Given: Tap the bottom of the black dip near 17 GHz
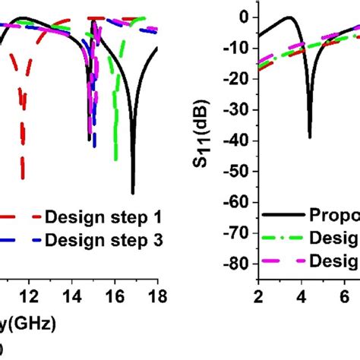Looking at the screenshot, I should tap(133, 192).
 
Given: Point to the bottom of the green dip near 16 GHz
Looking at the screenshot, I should tap(115, 159).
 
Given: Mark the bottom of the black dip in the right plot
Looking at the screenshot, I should tap(310, 137).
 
